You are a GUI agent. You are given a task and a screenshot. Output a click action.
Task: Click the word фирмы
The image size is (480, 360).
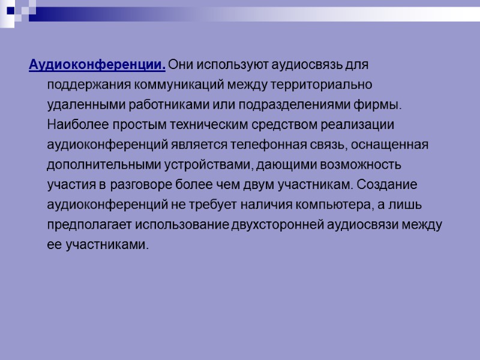pyautogui.click(x=377, y=105)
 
